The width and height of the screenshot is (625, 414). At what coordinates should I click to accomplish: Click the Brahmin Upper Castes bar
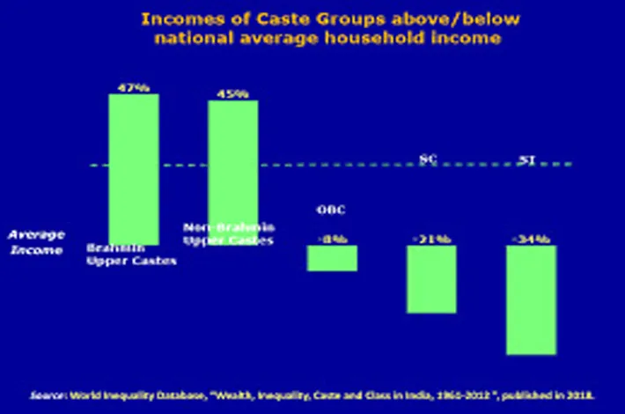134,167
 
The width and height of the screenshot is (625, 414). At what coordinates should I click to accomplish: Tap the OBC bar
332,258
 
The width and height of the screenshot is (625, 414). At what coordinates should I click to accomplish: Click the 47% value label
134,86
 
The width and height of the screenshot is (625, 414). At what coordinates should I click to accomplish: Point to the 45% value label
233,93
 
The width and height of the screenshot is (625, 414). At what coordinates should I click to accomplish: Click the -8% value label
332,239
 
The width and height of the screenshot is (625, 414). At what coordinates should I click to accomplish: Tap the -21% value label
431,239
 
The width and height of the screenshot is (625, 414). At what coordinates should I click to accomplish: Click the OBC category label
332,210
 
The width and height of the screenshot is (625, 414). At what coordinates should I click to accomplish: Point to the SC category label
429,159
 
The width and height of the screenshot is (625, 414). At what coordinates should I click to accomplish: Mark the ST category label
528,159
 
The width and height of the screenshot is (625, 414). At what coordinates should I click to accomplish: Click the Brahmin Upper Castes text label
131,255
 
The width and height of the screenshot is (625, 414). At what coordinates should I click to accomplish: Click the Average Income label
36,242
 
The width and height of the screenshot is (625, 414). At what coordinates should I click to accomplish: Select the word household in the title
382,37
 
